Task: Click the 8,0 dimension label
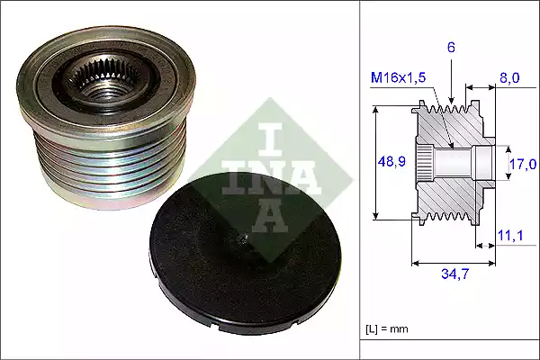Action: pyautogui.click(x=509, y=78)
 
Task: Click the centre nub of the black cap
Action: pyautogui.click(x=246, y=238)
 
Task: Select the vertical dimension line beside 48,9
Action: pyautogui.click(x=375, y=163)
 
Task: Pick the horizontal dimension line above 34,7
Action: pyautogui.click(x=449, y=264)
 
